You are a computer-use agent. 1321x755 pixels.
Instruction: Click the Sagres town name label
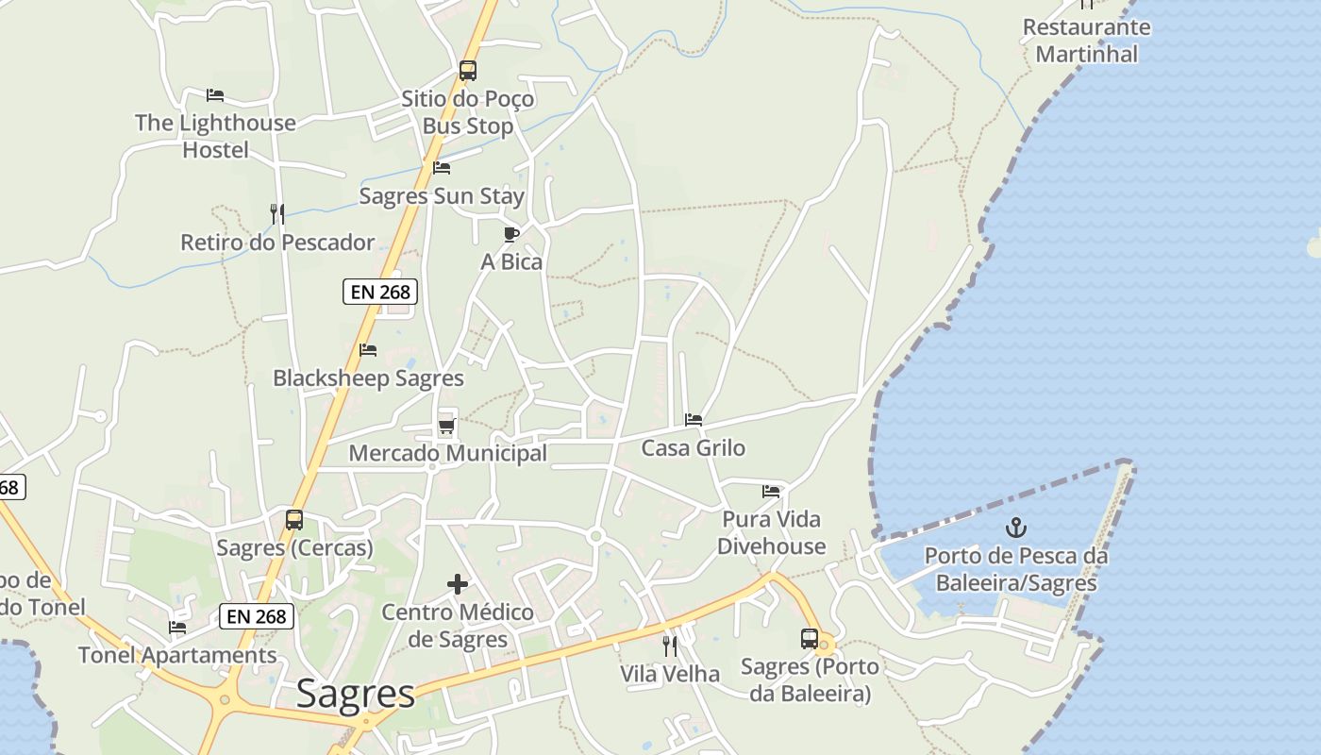[x=355, y=695]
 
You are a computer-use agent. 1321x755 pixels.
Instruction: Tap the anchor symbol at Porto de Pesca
[x=1016, y=528]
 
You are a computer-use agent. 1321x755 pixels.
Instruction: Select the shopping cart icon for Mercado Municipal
[x=447, y=427]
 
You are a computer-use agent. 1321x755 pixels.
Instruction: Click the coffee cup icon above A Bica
[x=511, y=234]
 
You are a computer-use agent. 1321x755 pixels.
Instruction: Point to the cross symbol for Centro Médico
[x=458, y=585]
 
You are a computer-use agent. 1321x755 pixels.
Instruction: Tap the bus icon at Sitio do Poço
[x=467, y=71]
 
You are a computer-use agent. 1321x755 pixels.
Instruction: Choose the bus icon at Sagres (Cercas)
[x=294, y=520]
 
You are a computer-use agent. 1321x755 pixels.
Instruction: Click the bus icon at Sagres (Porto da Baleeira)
[x=810, y=639]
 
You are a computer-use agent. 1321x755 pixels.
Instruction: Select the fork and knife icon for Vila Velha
[x=670, y=646]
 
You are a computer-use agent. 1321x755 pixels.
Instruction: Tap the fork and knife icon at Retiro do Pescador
[x=277, y=214]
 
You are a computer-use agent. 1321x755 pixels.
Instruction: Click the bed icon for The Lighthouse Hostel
[x=215, y=95]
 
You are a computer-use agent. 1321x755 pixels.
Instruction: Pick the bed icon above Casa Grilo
[x=694, y=420]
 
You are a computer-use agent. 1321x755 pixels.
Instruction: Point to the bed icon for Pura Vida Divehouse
[x=771, y=492]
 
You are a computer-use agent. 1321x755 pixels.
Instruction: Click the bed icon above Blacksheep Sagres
[x=368, y=350]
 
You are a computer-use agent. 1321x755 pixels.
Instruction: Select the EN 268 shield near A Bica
[x=380, y=292]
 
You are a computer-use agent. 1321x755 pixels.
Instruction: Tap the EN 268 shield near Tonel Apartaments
[x=258, y=616]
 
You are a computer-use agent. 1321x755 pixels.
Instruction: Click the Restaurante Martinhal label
[x=1087, y=41]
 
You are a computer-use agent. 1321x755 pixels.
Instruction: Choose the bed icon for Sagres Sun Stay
[x=441, y=169]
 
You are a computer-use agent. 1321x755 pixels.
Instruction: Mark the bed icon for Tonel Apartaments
[x=177, y=628]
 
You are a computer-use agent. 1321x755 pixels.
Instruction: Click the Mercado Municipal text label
[x=447, y=453]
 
